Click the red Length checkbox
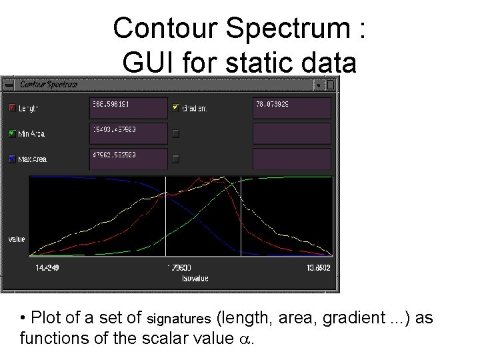[x=12, y=108]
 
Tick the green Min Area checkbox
[x=12, y=133]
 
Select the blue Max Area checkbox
[x=12, y=159]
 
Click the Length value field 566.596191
[x=128, y=107]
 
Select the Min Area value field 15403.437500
[x=128, y=133]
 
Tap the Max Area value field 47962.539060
[x=128, y=158]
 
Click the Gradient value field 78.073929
[x=291, y=107]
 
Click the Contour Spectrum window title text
[x=49, y=85]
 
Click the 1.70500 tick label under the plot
[x=179, y=267]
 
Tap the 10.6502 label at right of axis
[x=316, y=267]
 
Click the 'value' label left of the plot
[x=17, y=238]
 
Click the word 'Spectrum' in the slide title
[x=282, y=29]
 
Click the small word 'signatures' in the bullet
[x=179, y=319]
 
